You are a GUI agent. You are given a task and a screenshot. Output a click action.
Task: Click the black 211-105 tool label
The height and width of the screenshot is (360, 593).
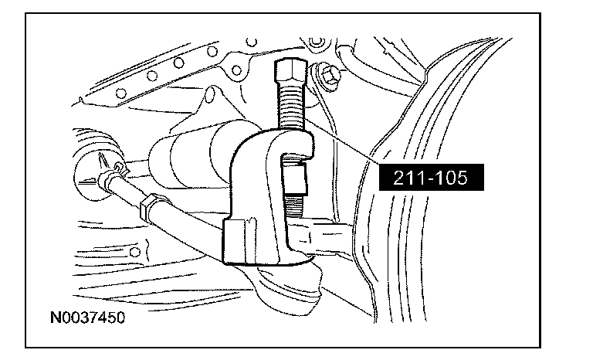431,177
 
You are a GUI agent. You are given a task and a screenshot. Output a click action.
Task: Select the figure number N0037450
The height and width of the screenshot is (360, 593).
87,318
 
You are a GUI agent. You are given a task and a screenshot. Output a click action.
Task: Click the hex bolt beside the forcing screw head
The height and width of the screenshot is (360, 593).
329,75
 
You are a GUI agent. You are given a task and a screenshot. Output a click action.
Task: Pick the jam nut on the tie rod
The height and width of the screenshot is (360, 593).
151,206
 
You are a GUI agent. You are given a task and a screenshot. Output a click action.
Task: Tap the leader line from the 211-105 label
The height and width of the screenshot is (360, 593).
342,141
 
